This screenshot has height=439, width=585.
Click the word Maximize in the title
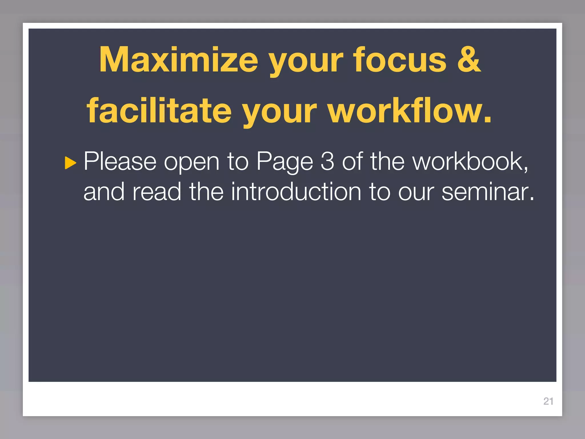(x=179, y=60)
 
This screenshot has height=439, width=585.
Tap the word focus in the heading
(x=400, y=60)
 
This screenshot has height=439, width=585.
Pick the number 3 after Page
(x=327, y=162)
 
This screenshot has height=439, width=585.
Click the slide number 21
(x=548, y=401)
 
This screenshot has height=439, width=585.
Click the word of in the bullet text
(x=353, y=162)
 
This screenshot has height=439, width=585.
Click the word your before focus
(x=306, y=61)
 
